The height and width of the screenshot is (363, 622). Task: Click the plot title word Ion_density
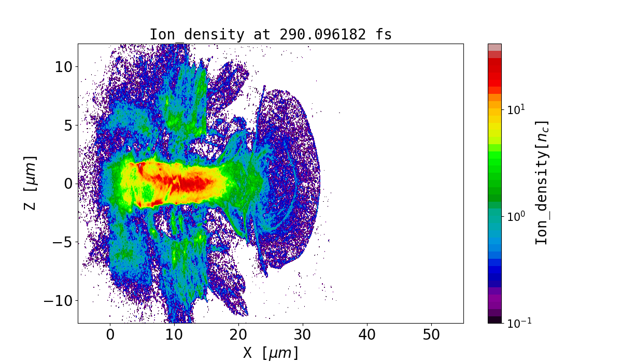[196, 35]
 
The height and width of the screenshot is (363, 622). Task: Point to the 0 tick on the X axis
[110, 334]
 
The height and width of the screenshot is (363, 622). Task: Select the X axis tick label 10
[174, 334]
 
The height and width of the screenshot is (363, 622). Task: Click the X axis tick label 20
[238, 334]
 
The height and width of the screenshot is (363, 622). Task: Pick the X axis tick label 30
[303, 334]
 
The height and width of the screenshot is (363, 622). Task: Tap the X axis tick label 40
[367, 334]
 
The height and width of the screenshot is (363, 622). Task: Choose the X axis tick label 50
[431, 334]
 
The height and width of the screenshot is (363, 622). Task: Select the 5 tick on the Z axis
[68, 125]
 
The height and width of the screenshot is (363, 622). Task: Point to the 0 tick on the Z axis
[68, 184]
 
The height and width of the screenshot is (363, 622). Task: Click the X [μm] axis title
[271, 353]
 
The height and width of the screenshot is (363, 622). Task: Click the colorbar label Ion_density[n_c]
[542, 183]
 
